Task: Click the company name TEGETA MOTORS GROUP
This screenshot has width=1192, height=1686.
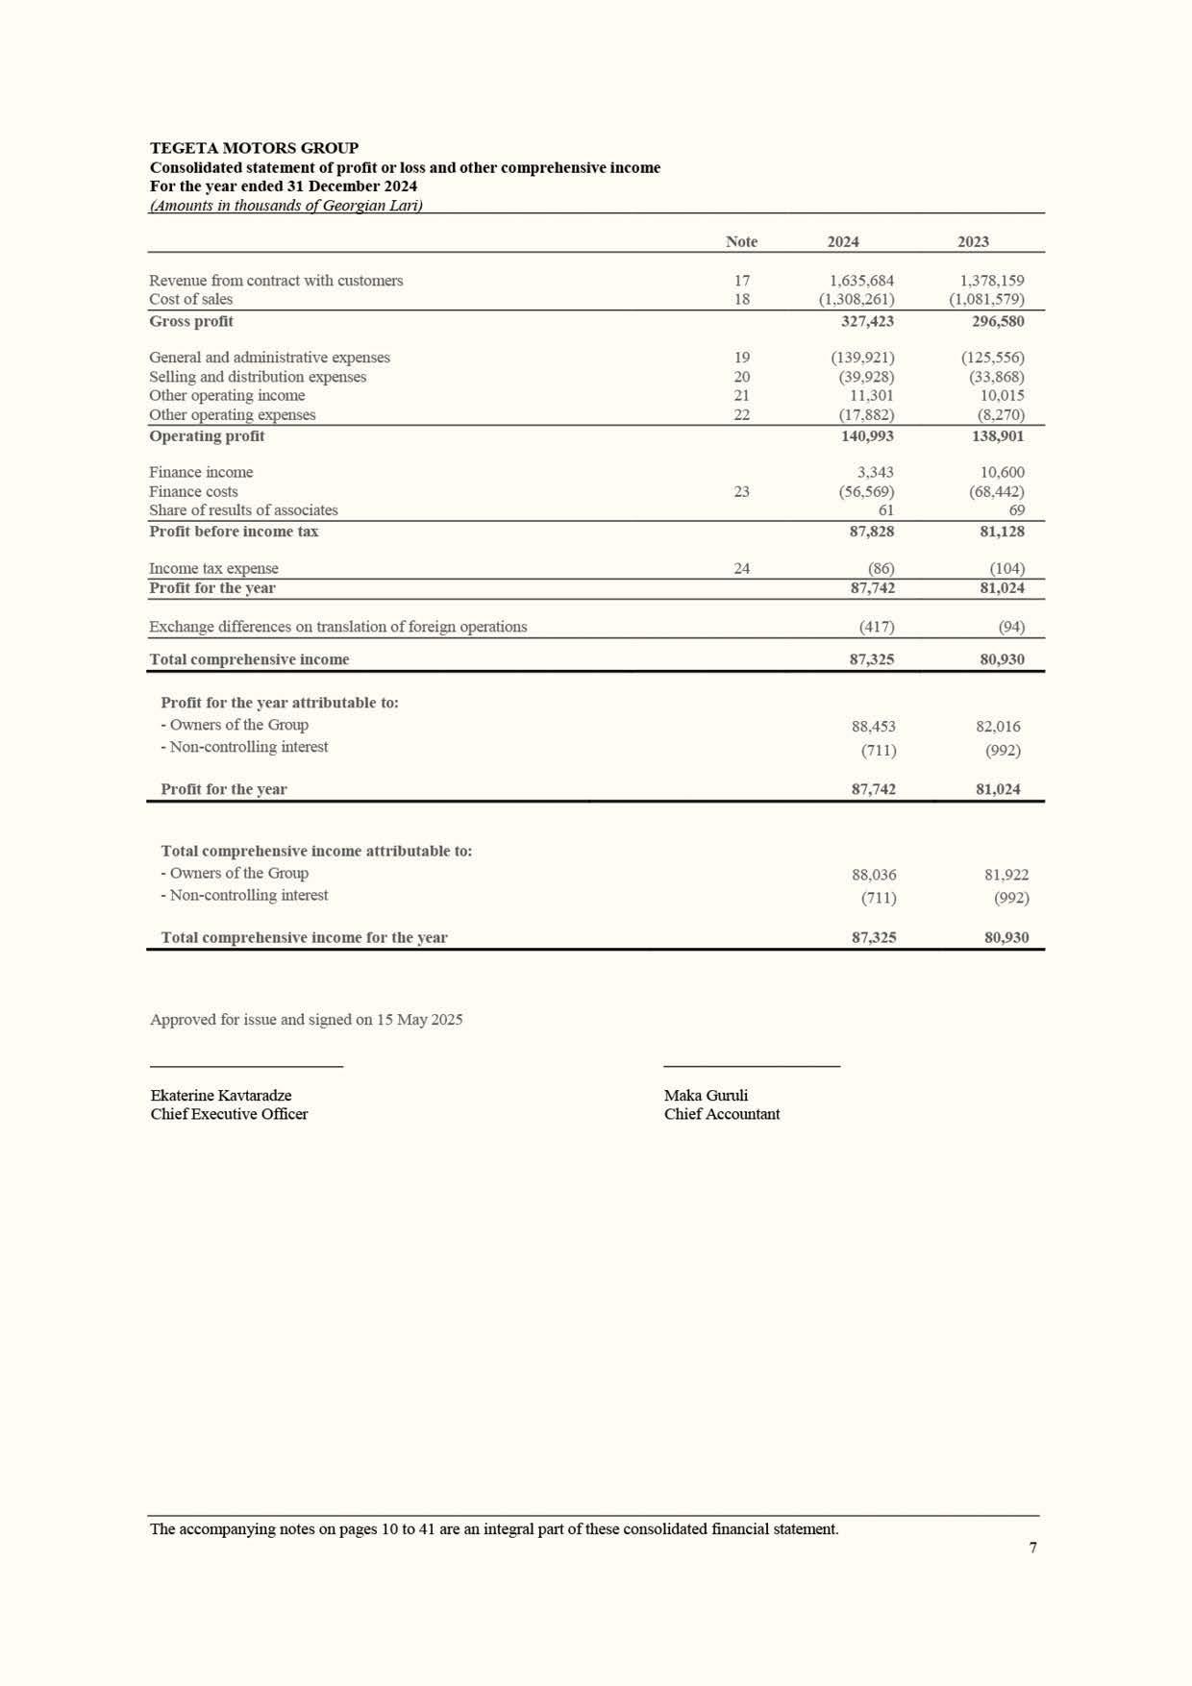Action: (254, 148)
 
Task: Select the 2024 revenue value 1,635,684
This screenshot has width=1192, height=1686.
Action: (861, 281)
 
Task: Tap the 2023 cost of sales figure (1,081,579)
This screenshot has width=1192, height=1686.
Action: (986, 299)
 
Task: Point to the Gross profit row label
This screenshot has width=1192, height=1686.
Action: (191, 321)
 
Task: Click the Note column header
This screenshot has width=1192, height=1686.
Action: (741, 242)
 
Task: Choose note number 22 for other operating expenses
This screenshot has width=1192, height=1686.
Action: (741, 415)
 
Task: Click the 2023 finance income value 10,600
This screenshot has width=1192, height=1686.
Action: (1002, 473)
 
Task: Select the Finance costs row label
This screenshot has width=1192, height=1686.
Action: (193, 492)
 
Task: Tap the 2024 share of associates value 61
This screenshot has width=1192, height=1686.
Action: (885, 510)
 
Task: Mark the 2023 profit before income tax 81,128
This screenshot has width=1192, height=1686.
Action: (1002, 532)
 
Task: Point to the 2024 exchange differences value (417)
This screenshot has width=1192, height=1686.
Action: (876, 627)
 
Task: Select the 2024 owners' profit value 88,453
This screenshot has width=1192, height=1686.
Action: (873, 727)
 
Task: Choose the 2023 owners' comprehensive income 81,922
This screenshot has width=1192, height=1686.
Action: (1006, 875)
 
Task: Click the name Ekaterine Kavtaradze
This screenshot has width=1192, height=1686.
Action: (221, 1096)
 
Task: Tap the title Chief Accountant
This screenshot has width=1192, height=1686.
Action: (722, 1114)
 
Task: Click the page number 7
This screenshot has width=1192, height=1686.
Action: (1032, 1548)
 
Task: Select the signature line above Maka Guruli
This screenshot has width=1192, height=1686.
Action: (752, 1066)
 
